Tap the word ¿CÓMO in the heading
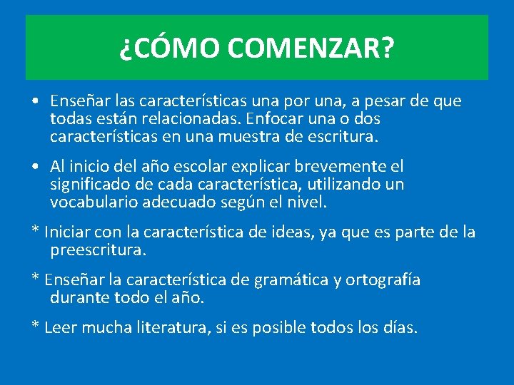tap(171, 49)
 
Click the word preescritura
tap(98, 250)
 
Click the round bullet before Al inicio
tap(35, 167)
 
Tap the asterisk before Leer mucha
tap(34, 327)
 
